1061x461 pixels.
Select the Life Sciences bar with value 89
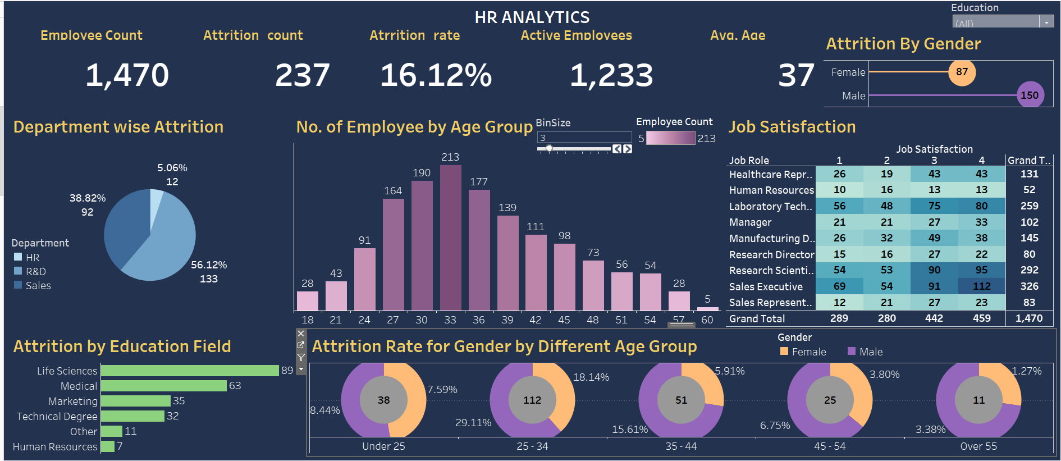point(189,371)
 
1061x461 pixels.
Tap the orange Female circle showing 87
point(962,72)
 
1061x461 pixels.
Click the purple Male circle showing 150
point(1030,95)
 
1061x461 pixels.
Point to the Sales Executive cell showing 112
point(981,286)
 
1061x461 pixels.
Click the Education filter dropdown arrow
point(1046,23)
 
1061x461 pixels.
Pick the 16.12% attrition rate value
point(436,75)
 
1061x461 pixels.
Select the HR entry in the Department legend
point(32,258)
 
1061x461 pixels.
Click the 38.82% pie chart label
point(88,198)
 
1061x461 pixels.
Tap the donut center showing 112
point(532,400)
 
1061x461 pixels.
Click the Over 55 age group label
point(978,446)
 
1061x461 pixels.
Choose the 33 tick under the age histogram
point(450,320)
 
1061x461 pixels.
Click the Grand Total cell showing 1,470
point(1028,318)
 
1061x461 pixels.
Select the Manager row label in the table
point(750,222)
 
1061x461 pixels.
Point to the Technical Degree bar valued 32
point(132,416)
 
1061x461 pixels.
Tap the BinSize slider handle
point(549,148)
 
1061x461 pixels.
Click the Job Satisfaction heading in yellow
point(792,127)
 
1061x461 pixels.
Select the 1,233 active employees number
point(611,75)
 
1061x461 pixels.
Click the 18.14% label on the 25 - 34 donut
point(591,377)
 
